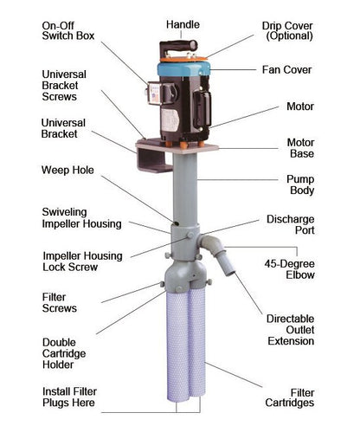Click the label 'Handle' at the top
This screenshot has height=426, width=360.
tap(183, 24)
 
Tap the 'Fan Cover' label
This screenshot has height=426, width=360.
tap(286, 70)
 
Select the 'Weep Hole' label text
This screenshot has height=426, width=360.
tap(67, 170)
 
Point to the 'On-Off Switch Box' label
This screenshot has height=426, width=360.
tap(68, 30)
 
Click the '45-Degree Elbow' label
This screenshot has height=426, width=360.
tap(290, 269)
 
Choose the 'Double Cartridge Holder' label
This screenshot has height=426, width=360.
tap(64, 353)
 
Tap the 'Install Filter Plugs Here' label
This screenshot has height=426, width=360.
tap(69, 397)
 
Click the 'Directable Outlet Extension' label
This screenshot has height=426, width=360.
tap(291, 330)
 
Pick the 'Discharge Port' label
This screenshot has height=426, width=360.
tap(291, 224)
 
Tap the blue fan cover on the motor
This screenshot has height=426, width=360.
tap(183, 69)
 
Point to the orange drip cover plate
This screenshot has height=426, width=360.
tap(183, 59)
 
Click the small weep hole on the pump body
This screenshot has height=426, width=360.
tap(176, 223)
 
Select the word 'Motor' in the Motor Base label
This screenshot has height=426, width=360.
tap(300, 143)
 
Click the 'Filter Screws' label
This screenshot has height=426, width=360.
tap(60, 303)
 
